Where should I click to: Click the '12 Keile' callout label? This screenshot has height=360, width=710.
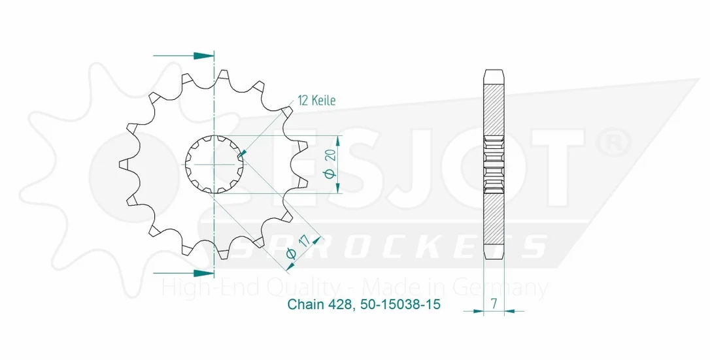pyautogui.click(x=317, y=101)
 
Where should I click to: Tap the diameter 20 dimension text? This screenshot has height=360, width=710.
pyautogui.click(x=330, y=164)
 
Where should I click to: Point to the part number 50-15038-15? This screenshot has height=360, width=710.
pyautogui.click(x=400, y=304)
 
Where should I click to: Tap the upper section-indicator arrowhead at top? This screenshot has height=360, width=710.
pyautogui.click(x=203, y=56)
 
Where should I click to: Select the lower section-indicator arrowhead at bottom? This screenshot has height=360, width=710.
pyautogui.click(x=203, y=273)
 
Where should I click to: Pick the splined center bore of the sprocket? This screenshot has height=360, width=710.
pyautogui.click(x=214, y=164)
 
